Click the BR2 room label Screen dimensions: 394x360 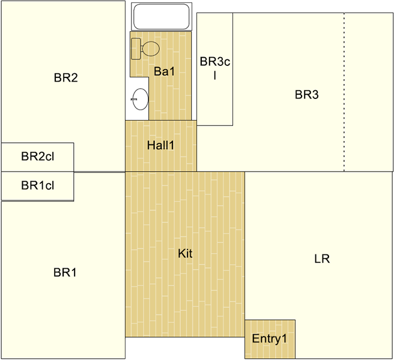click(66, 77)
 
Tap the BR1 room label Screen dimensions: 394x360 click(65, 272)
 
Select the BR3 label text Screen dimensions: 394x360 click(306, 95)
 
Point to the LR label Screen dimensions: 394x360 click(322, 259)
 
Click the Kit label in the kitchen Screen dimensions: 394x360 click(185, 254)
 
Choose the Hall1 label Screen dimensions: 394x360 click(160, 145)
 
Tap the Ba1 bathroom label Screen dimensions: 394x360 click(165, 71)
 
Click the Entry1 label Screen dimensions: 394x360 click(269, 339)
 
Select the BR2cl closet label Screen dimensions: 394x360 click(37, 157)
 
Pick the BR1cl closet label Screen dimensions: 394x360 click(37, 185)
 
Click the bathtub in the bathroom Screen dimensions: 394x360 click(162, 17)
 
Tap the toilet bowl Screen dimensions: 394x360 click(150, 49)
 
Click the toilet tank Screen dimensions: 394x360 click(136, 49)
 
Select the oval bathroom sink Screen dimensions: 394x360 click(141, 99)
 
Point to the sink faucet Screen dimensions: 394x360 click(134, 100)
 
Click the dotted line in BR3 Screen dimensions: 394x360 click(344, 92)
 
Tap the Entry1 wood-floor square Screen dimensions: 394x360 click(270, 339)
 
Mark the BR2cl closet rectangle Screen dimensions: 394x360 click(37, 157)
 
